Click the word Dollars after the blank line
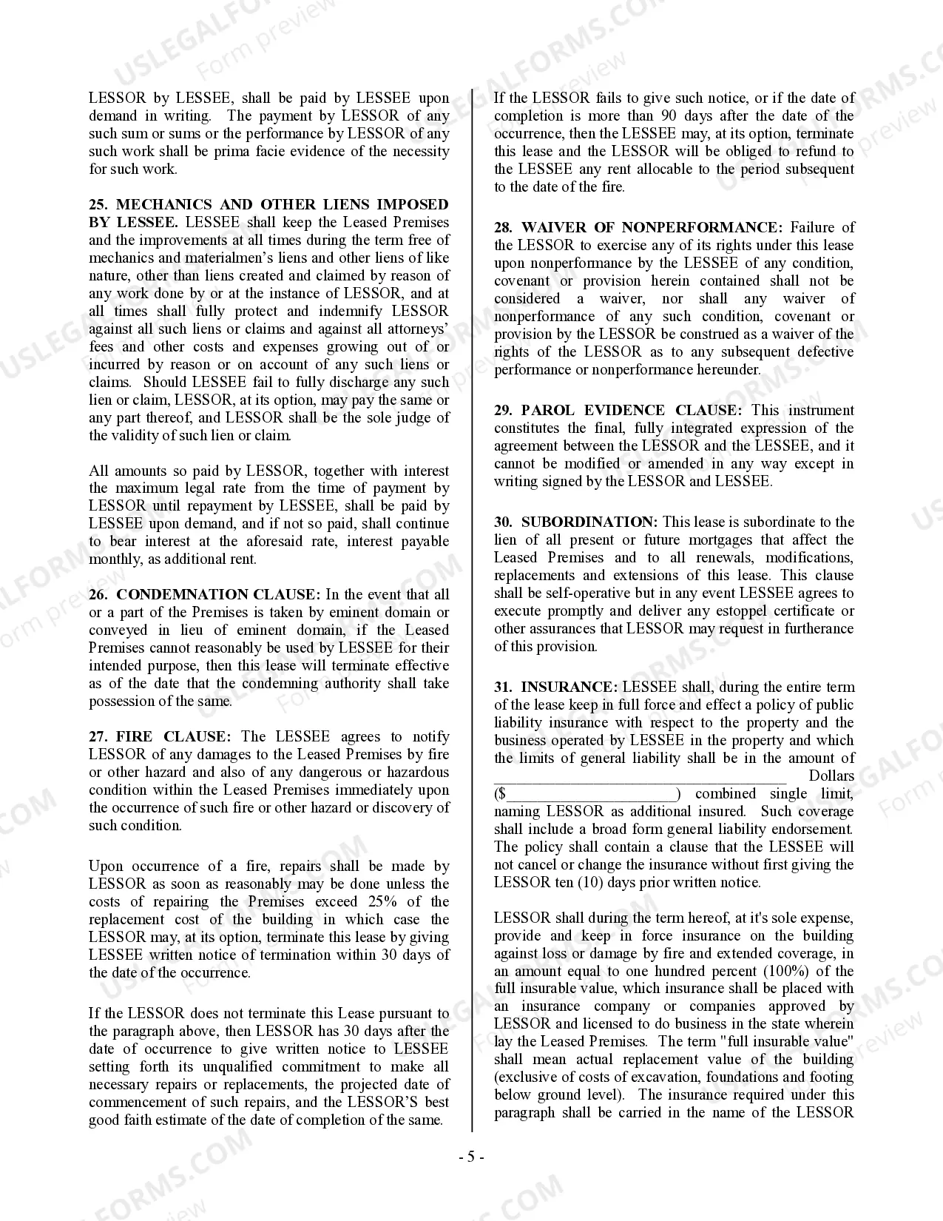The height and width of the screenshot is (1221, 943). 831,776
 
